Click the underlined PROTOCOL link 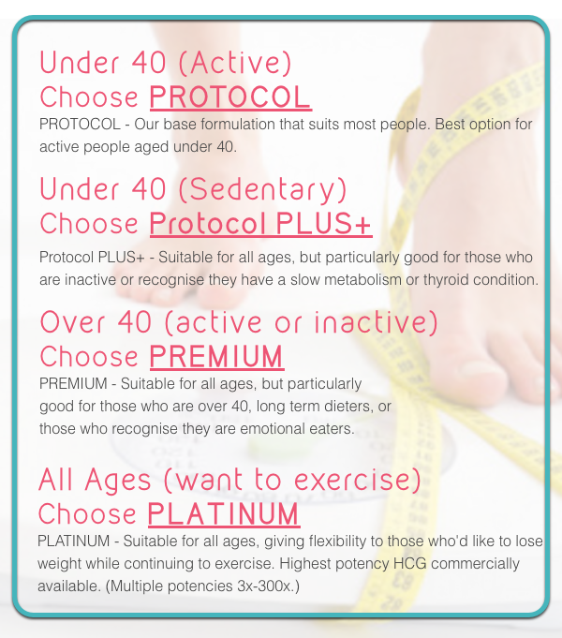(230, 97)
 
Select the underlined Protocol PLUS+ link (260, 224)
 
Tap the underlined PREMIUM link (216, 356)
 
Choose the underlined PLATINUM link (224, 514)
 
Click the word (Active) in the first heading (235, 63)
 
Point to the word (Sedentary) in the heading (262, 189)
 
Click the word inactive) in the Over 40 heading (376, 321)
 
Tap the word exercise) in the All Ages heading (357, 479)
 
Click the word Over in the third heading (73, 322)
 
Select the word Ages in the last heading (118, 481)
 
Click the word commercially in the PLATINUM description (475, 564)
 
